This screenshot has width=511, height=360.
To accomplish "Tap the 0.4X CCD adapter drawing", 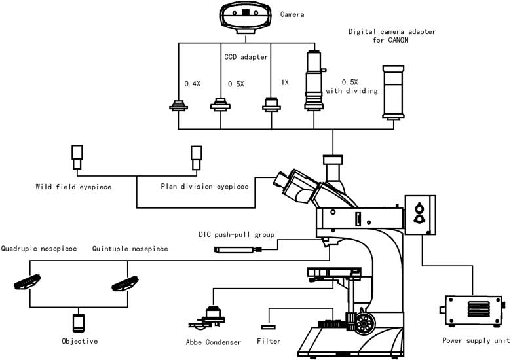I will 178,107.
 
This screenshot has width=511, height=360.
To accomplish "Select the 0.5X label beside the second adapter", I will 236,84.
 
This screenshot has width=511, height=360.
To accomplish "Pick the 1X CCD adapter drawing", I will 271,105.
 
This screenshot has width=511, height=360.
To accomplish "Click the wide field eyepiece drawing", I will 77,157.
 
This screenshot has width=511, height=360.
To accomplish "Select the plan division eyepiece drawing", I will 196,157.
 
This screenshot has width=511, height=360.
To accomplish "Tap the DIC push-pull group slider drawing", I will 238,249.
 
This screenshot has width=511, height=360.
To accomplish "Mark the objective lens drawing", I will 78,323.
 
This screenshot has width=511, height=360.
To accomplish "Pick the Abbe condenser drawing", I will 211,317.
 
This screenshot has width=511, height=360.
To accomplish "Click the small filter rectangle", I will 269,326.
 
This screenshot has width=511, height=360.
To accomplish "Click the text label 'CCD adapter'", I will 246,57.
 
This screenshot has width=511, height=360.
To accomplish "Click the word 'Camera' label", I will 293,14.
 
